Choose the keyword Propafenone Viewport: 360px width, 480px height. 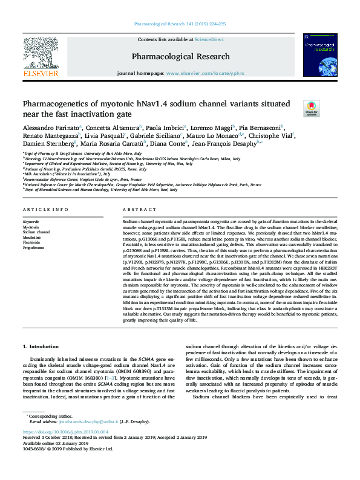pos(34,247)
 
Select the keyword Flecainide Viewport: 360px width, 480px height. pos(33,242)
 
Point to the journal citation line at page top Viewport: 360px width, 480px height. pos(180,24)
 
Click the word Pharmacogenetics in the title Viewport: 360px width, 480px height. pos(55,103)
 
